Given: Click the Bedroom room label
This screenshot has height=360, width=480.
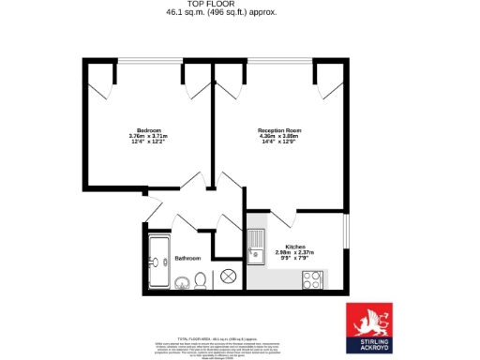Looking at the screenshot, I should pos(149,129).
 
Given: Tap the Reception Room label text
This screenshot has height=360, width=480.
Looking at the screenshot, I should pos(279,129).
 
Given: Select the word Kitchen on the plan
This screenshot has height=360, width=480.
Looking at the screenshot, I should pos(295,247).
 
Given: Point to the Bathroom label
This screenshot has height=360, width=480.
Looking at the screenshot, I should pos(187,258).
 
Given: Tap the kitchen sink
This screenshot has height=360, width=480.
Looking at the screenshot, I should pos(254,247).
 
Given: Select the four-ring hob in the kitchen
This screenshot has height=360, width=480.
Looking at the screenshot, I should pos(312,278).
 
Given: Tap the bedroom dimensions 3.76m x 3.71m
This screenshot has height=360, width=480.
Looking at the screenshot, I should pos(149,136).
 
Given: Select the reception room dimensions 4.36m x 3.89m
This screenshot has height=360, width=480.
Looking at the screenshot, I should pos(279,136).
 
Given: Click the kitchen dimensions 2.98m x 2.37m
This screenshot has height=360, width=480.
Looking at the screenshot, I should pos(295,253).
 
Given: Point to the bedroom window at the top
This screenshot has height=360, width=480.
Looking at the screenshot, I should pos(149,62).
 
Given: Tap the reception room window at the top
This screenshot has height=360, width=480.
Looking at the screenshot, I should pos(279,62).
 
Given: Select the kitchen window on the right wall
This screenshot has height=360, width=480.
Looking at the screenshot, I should pos(346,241).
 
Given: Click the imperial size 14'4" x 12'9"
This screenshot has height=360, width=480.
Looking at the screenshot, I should pos(279,142).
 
